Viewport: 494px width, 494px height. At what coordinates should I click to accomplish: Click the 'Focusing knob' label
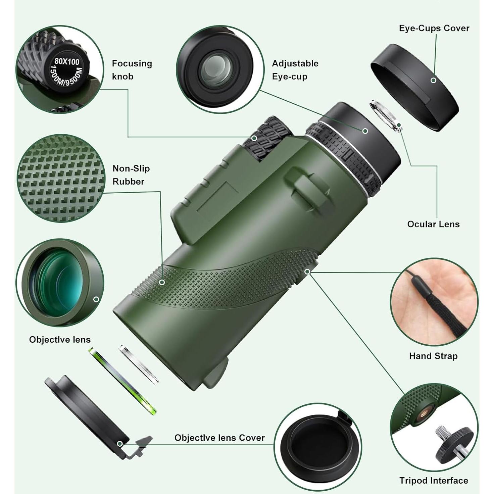tap(132, 70)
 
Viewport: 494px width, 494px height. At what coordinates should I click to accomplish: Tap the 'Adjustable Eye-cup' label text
tap(295, 70)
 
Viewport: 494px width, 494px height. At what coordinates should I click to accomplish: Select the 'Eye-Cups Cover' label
tap(434, 28)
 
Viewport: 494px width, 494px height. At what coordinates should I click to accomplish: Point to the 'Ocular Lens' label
tap(433, 224)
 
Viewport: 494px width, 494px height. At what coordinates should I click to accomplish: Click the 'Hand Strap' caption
tap(433, 356)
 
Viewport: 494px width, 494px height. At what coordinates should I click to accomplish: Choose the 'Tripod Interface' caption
tap(433, 481)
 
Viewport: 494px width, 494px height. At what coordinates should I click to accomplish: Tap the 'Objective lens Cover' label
tap(219, 438)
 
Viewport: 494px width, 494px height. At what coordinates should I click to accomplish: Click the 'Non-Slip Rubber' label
tap(131, 175)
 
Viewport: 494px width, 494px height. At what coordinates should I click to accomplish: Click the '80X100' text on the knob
tap(67, 61)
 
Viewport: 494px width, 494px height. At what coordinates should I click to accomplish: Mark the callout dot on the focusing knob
tap(254, 138)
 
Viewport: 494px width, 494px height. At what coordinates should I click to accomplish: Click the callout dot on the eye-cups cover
tap(433, 81)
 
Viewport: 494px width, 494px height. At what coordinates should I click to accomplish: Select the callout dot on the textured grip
tap(162, 282)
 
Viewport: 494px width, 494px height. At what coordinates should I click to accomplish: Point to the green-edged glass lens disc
tap(122, 381)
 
